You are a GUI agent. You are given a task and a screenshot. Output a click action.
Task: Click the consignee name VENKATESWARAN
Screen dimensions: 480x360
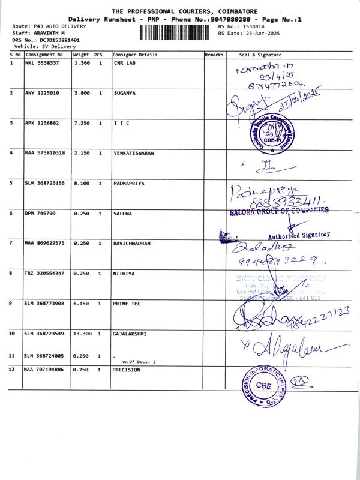point(134,153)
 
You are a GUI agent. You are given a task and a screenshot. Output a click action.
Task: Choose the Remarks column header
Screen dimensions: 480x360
point(214,55)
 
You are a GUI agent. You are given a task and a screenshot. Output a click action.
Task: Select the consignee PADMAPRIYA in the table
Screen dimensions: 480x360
point(128,183)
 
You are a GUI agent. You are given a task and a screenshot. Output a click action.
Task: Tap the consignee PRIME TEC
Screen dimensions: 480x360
point(127,304)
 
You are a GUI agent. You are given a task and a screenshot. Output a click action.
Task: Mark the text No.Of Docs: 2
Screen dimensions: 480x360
point(138,362)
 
